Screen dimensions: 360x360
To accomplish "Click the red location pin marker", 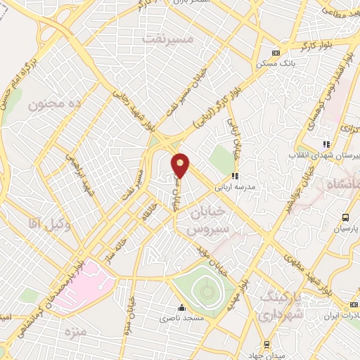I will point(181,165).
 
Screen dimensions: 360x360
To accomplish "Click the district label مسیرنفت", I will point(167,38).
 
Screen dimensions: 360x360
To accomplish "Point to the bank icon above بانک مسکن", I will point(276,53).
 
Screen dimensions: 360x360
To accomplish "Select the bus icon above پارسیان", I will point(345,217).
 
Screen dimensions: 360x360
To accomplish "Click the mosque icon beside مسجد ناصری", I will point(181,307).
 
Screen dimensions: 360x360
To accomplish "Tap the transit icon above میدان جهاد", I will point(266,344).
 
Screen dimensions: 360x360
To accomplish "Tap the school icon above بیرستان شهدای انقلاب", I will point(326,143).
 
